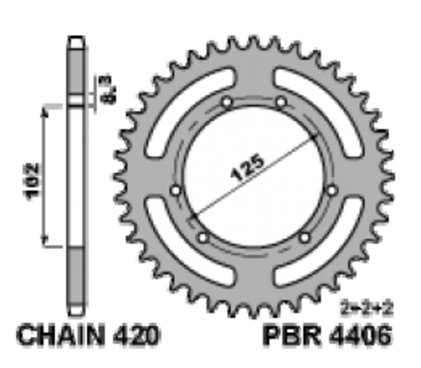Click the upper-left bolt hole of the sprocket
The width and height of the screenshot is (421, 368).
(226, 103)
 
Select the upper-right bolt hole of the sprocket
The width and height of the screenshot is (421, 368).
(281, 103)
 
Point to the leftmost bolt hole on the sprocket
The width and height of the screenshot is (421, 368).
(175, 190)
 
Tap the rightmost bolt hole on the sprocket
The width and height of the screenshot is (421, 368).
(331, 190)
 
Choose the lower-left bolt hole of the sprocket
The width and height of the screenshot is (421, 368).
(203, 237)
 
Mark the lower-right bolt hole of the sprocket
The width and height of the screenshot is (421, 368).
(304, 237)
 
